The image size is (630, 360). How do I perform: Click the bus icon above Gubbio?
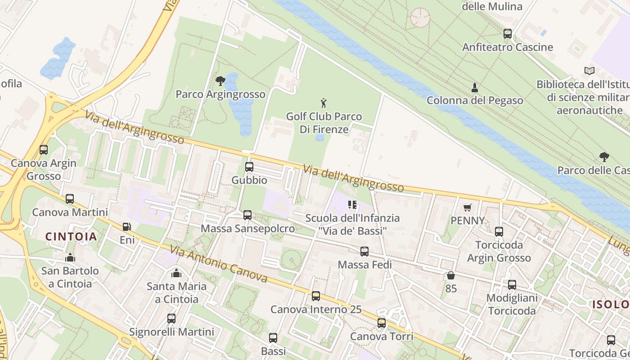pyautogui.click(x=249, y=167)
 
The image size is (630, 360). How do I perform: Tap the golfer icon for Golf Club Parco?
pyautogui.click(x=323, y=103)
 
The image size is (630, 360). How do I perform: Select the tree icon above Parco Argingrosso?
pyautogui.click(x=220, y=81)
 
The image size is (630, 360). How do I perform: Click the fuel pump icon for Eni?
pyautogui.click(x=127, y=227)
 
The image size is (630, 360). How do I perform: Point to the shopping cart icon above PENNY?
pyautogui.click(x=468, y=207)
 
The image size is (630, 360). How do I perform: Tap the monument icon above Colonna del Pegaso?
pyautogui.click(x=474, y=87)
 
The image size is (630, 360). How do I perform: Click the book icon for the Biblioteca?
pyautogui.click(x=589, y=71)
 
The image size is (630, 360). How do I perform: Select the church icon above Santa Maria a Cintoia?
pyautogui.click(x=176, y=273)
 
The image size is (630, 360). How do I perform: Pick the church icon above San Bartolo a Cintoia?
pyautogui.click(x=70, y=257)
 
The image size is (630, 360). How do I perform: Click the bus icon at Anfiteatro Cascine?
pyautogui.click(x=507, y=34)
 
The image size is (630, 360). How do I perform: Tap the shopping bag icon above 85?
pyautogui.click(x=450, y=275)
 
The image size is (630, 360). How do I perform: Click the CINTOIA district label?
pyautogui.click(x=71, y=237)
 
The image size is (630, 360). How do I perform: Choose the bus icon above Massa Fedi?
pyautogui.click(x=364, y=252)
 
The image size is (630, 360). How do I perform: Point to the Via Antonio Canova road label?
pyautogui.click(x=218, y=264)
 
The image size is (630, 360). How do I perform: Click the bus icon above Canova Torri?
pyautogui.click(x=381, y=323)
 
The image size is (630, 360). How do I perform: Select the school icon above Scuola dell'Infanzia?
pyautogui.click(x=352, y=205)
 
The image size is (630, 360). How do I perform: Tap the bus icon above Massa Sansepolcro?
pyautogui.click(x=247, y=215)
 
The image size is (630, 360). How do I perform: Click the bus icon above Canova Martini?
pyautogui.click(x=70, y=199)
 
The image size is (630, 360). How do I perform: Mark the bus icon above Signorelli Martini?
pyautogui.click(x=171, y=319)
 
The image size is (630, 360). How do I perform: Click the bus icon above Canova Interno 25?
pyautogui.click(x=316, y=296)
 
